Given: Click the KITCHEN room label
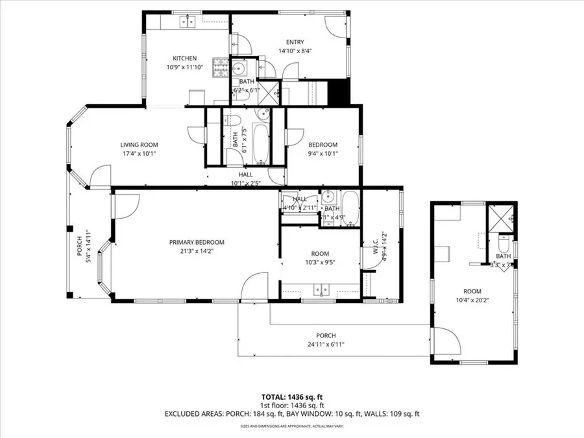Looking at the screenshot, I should pyautogui.click(x=184, y=59).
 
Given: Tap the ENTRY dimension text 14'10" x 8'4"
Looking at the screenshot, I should pyautogui.click(x=291, y=51).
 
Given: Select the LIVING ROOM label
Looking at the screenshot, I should pyautogui.click(x=139, y=145).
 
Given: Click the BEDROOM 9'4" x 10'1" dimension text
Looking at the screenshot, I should pyautogui.click(x=322, y=154).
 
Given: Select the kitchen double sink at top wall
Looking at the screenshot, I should pyautogui.click(x=188, y=22).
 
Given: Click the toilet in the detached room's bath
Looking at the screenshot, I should pyautogui.click(x=504, y=244).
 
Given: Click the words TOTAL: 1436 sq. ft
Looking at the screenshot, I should pyautogui.click(x=291, y=396).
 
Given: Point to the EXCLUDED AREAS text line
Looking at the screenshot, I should pyautogui.click(x=291, y=413).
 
